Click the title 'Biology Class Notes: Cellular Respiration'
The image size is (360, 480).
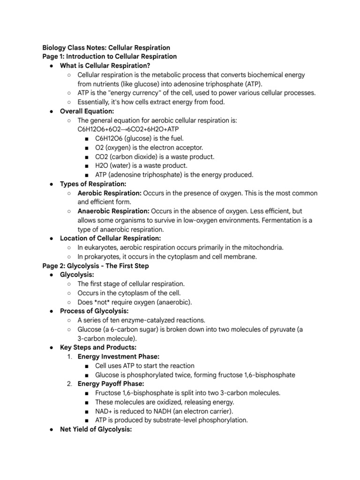click(106, 48)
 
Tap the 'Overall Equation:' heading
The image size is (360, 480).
click(87, 111)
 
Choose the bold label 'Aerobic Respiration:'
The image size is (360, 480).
click(109, 193)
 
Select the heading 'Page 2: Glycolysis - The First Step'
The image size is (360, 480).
click(96, 266)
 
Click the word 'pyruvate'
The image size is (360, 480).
click(278, 330)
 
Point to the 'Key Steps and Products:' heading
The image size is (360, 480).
click(98, 347)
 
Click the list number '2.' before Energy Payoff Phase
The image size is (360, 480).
click(69, 383)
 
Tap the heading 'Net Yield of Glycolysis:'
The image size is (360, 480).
click(97, 429)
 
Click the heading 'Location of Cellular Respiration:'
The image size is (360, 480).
click(111, 238)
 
